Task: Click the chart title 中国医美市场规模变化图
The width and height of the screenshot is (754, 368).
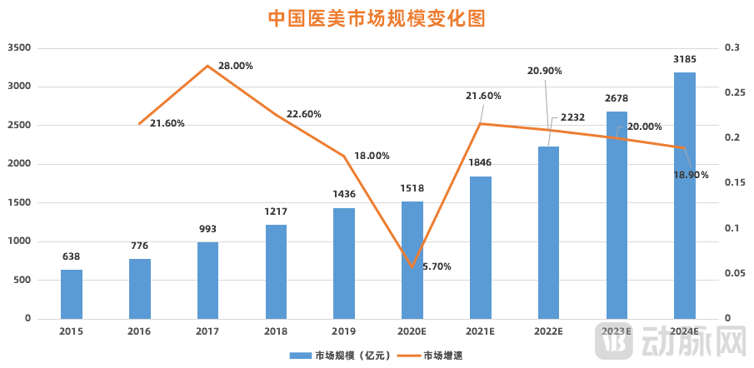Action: (x=377, y=18)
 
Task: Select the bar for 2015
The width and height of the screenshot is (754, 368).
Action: (x=72, y=294)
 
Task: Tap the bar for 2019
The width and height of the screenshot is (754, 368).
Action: (x=344, y=263)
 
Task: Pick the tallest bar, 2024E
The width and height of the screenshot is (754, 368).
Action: (x=685, y=196)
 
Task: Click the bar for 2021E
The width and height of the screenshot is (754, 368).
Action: (x=481, y=247)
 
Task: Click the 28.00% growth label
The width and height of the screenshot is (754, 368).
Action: (x=236, y=66)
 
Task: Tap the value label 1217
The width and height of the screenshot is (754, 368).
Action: (x=276, y=211)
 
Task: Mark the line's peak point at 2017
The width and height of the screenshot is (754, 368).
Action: (x=208, y=66)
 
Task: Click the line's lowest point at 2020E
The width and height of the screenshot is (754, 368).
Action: (x=412, y=267)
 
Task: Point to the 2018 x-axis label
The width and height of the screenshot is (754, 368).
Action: (x=276, y=331)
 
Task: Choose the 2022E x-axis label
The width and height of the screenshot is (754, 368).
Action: (x=548, y=331)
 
